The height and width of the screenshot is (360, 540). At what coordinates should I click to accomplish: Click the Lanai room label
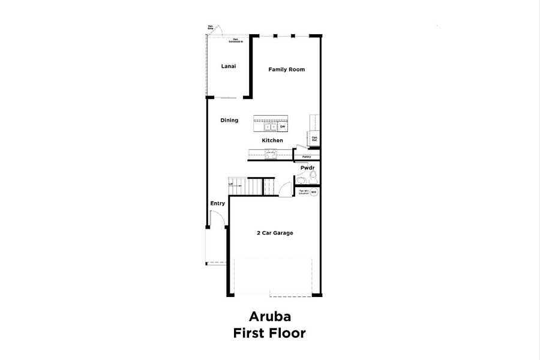(x=228, y=66)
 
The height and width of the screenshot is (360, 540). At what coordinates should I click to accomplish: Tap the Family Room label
(x=286, y=70)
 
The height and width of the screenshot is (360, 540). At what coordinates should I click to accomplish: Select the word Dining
(x=229, y=120)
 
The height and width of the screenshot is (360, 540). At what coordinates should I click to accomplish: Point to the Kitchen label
(x=272, y=140)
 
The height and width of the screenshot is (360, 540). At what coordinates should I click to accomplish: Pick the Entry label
(x=217, y=203)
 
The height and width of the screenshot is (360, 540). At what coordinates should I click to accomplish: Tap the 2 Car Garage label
(x=275, y=233)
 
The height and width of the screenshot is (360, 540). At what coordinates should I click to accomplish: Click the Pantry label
(x=307, y=157)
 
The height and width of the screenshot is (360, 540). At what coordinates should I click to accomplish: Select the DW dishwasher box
(x=281, y=127)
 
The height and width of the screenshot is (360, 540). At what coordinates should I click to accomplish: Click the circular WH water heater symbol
(x=313, y=192)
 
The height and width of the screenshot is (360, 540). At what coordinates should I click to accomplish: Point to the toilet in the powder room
(x=311, y=177)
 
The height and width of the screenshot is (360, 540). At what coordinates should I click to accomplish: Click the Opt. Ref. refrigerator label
(x=314, y=139)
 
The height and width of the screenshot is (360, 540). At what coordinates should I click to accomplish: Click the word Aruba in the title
(x=269, y=316)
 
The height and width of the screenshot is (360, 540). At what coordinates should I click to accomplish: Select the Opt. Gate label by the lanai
(x=211, y=27)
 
